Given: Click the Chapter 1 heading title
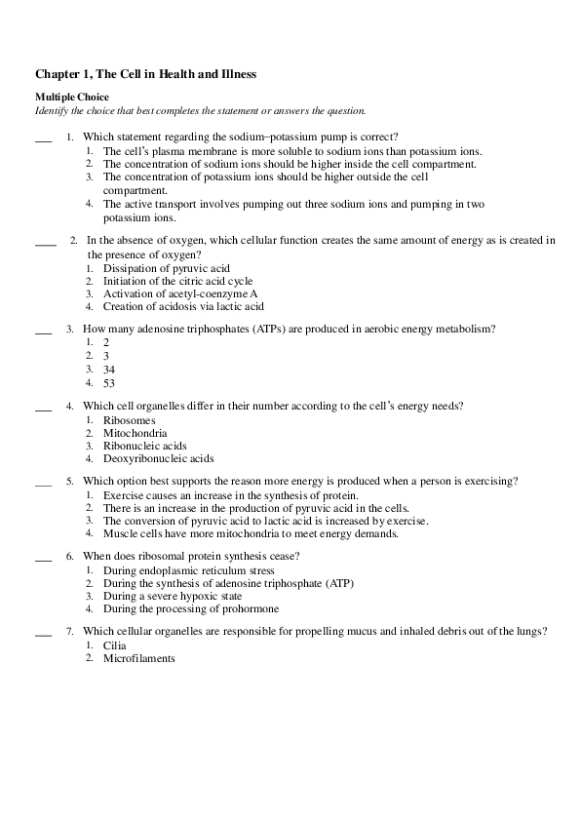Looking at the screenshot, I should pyautogui.click(x=145, y=74).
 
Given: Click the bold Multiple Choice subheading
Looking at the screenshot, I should pyautogui.click(x=72, y=97).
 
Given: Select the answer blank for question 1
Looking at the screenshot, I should pyautogui.click(x=43, y=137).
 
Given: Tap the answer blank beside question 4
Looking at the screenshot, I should pyautogui.click(x=43, y=406).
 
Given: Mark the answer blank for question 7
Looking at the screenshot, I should pyautogui.click(x=43, y=632).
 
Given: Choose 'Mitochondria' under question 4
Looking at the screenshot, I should pyautogui.click(x=135, y=433).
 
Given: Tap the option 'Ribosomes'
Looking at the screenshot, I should pyautogui.click(x=129, y=420).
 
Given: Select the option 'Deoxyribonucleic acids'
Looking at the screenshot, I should pyautogui.click(x=158, y=458).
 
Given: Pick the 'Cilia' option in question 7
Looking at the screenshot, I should pyautogui.click(x=115, y=645).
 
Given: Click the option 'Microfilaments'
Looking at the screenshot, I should pyautogui.click(x=138, y=658).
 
